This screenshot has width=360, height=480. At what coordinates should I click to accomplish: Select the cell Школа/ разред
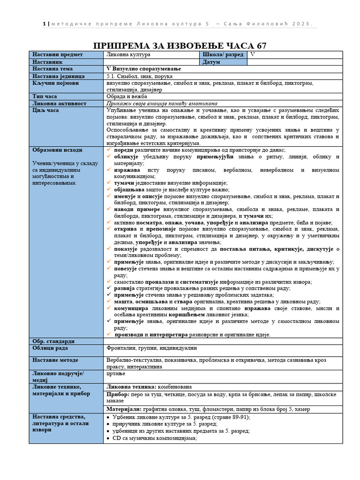point(223,54)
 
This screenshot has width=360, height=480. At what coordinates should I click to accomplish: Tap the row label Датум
point(211,62)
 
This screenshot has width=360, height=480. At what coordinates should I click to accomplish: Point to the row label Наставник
point(47,62)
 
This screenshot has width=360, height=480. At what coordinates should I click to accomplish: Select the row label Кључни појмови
point(56,83)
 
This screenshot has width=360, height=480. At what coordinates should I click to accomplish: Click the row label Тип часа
point(45,96)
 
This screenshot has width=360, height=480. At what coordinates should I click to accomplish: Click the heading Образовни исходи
point(57,150)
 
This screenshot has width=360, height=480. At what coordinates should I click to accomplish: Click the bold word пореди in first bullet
point(124,150)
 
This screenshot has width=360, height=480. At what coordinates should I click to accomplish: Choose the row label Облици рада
point(50,348)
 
